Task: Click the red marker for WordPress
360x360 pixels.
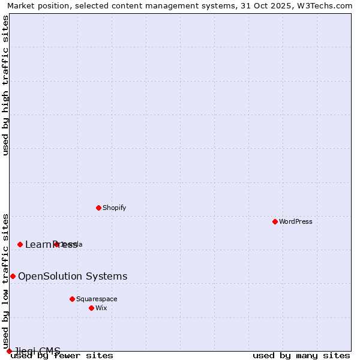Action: (275, 221)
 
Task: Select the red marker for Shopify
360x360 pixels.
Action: (98, 208)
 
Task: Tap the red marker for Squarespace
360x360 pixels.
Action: (72, 299)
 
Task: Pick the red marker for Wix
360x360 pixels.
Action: (91, 308)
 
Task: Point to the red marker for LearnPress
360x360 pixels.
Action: (20, 244)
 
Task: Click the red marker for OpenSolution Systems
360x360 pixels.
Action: (13, 276)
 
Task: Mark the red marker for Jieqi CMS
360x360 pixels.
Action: (9, 351)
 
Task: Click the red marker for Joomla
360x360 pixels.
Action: (56, 244)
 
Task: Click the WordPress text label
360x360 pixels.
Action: (296, 221)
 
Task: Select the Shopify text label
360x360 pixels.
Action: (114, 208)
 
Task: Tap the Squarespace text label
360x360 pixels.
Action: (97, 299)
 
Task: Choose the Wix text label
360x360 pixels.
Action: (101, 308)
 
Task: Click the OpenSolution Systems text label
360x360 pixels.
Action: (73, 276)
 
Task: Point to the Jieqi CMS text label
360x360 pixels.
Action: (37, 351)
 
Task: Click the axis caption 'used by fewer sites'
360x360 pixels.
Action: (62, 356)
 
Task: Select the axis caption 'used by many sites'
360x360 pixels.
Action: (301, 356)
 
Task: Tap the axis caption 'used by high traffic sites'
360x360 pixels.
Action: (6, 85)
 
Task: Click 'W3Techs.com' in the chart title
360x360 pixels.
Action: (326, 6)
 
